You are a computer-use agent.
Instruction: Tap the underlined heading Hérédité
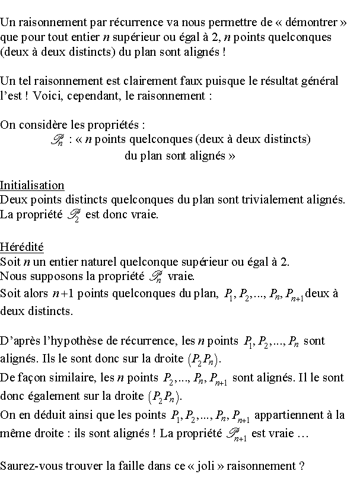click(x=22, y=246)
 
